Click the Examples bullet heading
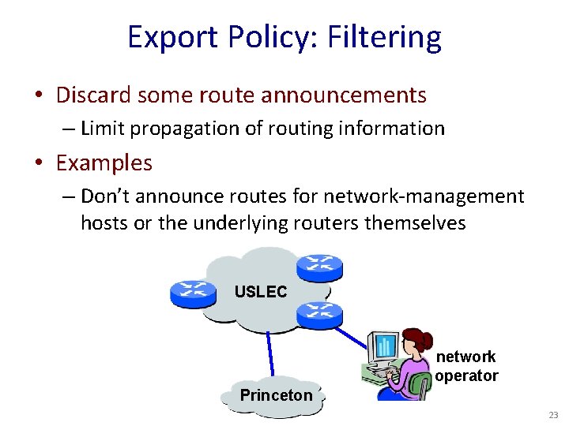(104, 163)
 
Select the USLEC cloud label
(261, 291)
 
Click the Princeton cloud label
(276, 395)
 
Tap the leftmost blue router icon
(193, 293)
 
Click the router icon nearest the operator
(318, 315)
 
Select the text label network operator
(466, 366)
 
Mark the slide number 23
(553, 414)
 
